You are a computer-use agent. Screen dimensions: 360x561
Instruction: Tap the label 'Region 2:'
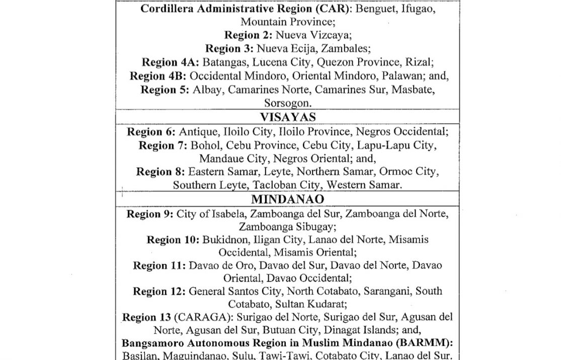tap(247, 35)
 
